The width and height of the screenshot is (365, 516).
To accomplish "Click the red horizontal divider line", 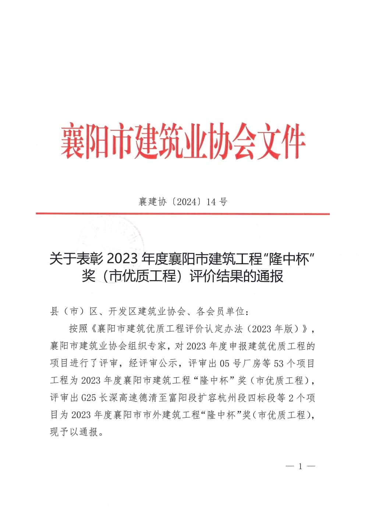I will [x=182, y=213].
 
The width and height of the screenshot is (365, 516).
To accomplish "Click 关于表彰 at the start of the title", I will [x=75, y=260].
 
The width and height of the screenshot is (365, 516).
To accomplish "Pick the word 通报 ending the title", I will [x=270, y=276].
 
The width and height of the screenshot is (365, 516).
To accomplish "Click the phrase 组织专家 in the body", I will [x=148, y=346].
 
